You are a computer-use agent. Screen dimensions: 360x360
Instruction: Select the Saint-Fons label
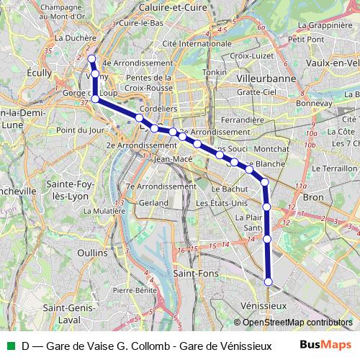point(193,274)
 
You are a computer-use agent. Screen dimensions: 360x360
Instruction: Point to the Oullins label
point(91,253)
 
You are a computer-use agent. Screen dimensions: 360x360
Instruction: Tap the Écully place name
point(39,73)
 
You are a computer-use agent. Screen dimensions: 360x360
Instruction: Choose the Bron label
point(314,197)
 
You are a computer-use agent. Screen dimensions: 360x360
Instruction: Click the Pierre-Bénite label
point(135,289)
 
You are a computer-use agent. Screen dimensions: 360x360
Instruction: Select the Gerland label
point(153,203)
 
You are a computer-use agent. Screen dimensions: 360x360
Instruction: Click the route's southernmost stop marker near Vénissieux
point(269,282)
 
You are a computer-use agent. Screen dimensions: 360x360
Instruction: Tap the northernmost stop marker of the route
point(91,58)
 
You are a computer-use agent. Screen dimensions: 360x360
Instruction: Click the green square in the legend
point(9,345)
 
